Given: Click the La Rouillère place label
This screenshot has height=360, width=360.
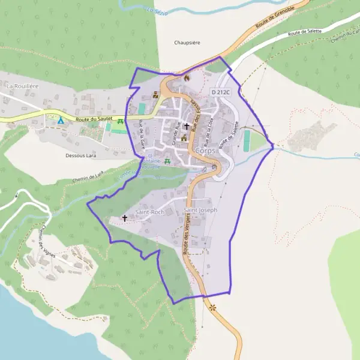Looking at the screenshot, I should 22,86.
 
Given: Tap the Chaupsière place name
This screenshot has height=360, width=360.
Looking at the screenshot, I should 187,43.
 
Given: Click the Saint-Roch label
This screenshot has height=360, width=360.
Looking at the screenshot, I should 149,212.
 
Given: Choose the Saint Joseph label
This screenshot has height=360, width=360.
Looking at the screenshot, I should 200,211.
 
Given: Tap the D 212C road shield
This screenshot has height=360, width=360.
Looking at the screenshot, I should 220,93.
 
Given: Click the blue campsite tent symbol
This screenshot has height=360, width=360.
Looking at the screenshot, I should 61,120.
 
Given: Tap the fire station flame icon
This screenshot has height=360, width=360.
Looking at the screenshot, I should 187,78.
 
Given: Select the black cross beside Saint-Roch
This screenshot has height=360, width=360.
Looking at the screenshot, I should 125,218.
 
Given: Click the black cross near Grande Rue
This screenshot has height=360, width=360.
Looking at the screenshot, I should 187,127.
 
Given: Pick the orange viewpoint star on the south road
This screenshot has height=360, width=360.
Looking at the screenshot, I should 212,308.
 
